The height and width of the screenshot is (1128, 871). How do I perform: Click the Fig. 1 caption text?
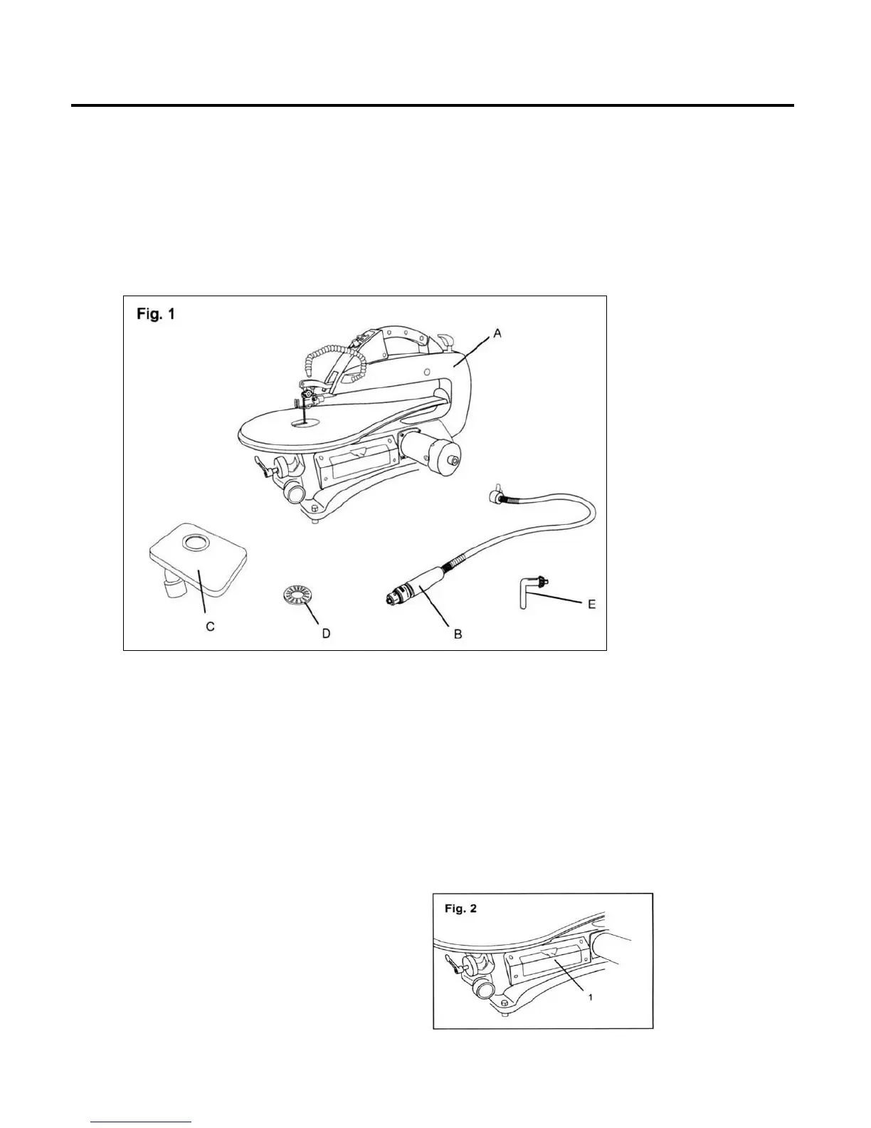click(155, 315)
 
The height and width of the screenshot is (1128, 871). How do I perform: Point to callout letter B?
click(458, 633)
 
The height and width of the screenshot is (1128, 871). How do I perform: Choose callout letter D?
click(326, 633)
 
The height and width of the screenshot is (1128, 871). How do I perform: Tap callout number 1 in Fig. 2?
click(591, 997)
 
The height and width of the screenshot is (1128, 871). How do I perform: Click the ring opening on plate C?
click(194, 545)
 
